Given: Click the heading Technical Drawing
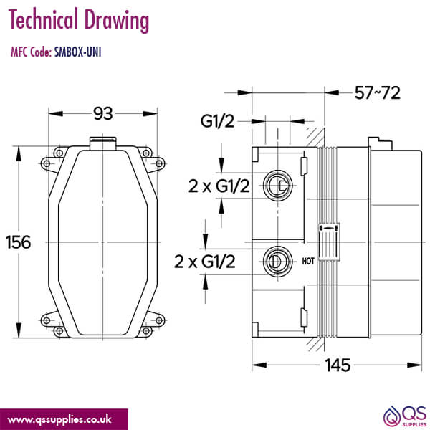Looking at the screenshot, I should (80, 21).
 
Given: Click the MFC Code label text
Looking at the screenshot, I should (31, 52).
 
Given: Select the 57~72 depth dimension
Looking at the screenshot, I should (377, 92).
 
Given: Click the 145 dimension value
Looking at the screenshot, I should (336, 364).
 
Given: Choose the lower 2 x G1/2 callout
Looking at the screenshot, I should (206, 262).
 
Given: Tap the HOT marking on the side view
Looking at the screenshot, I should (309, 261).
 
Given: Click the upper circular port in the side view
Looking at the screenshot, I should (277, 186).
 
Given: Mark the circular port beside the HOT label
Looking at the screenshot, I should (277, 259).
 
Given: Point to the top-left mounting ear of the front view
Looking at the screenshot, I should (48, 163).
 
